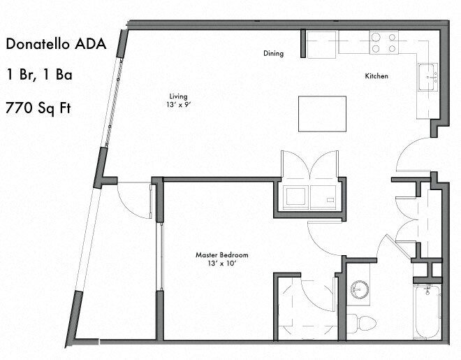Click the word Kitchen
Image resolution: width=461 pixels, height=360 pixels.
(376, 75)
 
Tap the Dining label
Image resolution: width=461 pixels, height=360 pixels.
(273, 53)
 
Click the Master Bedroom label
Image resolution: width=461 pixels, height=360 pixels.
(222, 254)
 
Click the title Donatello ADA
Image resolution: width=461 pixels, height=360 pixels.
(56, 45)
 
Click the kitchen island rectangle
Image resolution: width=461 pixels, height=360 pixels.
(322, 113)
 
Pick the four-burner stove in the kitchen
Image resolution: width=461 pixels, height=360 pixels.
(383, 43)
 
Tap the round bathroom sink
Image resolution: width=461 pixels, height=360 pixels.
(359, 288)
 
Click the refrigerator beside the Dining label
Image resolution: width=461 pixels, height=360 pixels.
(323, 45)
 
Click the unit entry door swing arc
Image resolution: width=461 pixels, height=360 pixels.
(412, 155)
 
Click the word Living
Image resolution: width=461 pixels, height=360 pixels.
(178, 96)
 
